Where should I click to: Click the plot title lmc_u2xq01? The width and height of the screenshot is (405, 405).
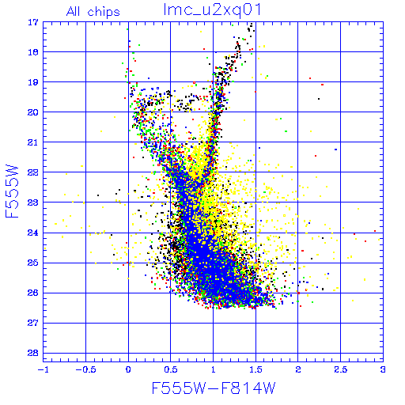tap(212, 9)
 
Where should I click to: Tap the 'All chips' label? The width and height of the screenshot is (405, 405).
tap(93, 12)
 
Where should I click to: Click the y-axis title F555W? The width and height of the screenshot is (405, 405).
tap(12, 191)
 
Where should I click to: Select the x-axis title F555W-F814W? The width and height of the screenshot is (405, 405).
tap(214, 388)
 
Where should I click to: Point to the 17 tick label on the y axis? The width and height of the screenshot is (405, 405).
tap(33, 22)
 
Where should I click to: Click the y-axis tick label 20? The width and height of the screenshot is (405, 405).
tap(33, 112)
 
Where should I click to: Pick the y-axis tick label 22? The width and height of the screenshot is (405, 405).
tap(33, 172)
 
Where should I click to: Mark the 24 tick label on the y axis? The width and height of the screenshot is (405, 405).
tap(33, 233)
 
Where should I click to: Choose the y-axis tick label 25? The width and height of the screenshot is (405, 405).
tap(33, 263)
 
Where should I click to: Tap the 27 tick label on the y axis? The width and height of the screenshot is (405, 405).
tap(33, 323)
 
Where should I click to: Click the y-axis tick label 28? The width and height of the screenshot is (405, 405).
tap(33, 353)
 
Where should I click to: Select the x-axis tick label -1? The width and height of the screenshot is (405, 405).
tap(43, 369)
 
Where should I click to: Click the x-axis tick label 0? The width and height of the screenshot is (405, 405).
tap(128, 369)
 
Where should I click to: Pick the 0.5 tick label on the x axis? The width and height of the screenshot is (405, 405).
tap(171, 369)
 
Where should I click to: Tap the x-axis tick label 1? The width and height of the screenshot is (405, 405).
tap(214, 369)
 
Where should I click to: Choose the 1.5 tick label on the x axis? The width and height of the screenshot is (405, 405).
tap(255, 369)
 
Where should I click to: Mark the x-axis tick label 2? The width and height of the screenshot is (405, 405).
tap(298, 369)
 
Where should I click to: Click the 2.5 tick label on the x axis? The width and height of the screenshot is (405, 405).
tap(341, 369)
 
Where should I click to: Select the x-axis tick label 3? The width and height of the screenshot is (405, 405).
tap(383, 369)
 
